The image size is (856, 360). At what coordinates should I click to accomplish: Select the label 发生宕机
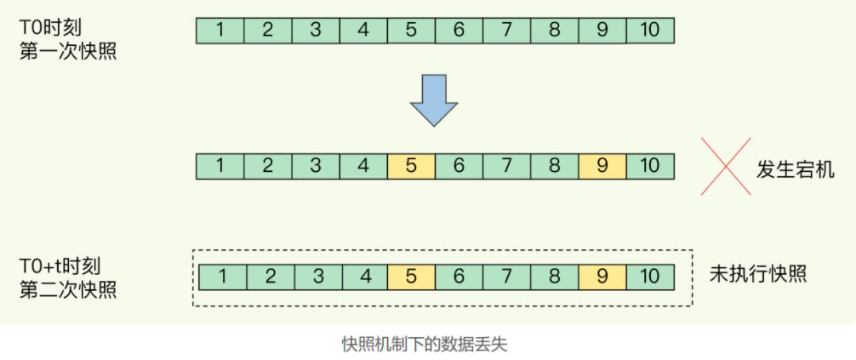click(796, 168)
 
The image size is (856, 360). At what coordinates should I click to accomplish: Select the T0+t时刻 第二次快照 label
click(67, 278)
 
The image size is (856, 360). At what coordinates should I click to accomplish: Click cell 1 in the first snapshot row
click(220, 31)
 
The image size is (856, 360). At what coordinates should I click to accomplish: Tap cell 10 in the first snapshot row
click(650, 31)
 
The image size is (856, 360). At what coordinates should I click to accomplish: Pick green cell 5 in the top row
click(411, 31)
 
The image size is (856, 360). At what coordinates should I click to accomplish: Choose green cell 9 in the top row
click(602, 31)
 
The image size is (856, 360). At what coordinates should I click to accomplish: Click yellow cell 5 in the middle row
click(411, 166)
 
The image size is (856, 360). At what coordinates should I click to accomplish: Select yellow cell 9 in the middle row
click(602, 166)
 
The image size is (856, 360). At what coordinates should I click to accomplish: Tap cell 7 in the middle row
click(506, 166)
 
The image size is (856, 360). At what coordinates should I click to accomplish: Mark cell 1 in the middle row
click(220, 166)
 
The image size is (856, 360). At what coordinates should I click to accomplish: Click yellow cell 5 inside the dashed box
click(411, 277)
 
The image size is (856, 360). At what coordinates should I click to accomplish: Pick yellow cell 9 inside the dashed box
click(602, 277)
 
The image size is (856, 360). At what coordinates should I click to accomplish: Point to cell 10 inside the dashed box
click(650, 277)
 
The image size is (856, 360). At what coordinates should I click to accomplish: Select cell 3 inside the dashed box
click(316, 277)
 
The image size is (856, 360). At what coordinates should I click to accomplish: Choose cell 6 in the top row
click(459, 31)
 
